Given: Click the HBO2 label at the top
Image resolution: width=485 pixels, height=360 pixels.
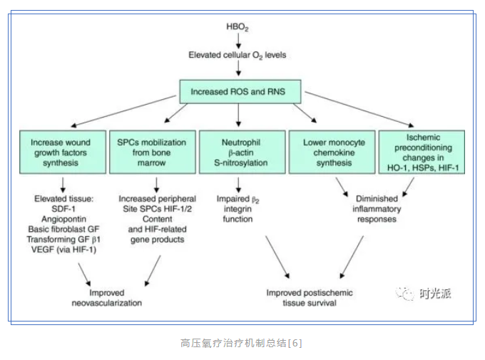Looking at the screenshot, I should click(x=240, y=27).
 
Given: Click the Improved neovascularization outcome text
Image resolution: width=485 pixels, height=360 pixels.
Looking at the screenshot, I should click(x=106, y=297).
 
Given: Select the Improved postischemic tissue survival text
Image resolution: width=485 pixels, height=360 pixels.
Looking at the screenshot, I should click(x=310, y=297).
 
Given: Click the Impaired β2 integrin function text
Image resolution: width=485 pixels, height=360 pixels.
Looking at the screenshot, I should click(x=238, y=209).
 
